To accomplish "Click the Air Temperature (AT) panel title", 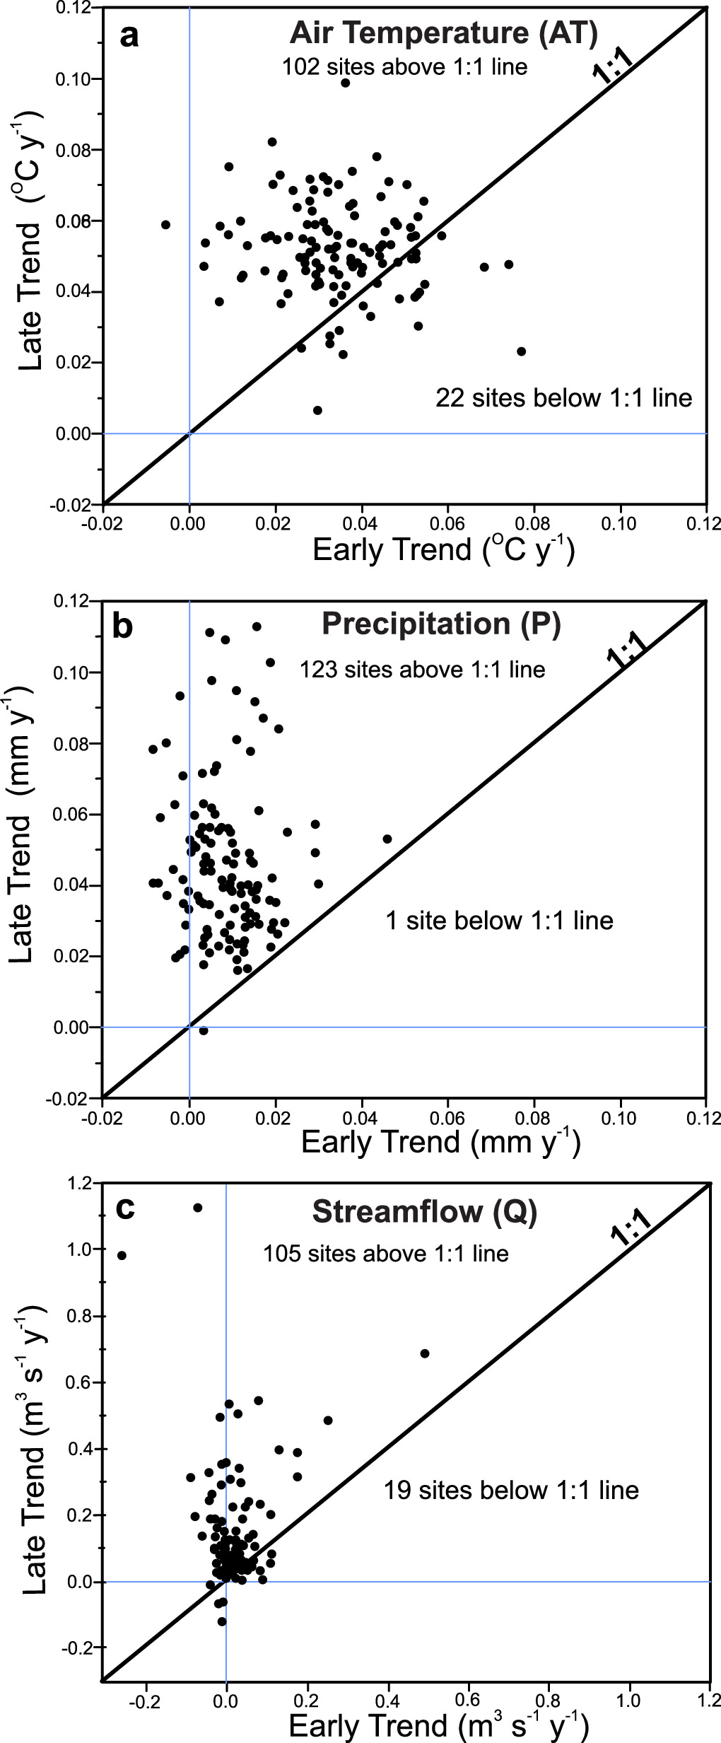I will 443,33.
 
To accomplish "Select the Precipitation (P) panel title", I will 441,624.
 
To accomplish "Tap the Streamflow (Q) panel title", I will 425,1212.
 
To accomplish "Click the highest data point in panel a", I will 345,83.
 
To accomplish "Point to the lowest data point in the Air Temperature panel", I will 317,410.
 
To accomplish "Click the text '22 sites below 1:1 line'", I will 563,398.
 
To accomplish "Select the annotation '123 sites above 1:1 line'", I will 422,669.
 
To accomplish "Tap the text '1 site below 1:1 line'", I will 499,921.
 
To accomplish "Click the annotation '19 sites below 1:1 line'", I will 511,1490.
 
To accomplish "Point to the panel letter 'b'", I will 123,626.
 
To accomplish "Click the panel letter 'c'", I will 125,1208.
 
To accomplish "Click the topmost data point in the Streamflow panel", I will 198,1208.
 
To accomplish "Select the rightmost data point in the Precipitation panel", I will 387,839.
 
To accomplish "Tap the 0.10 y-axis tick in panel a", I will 74,79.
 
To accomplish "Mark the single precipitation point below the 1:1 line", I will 204,1030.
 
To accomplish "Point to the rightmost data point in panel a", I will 522,351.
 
